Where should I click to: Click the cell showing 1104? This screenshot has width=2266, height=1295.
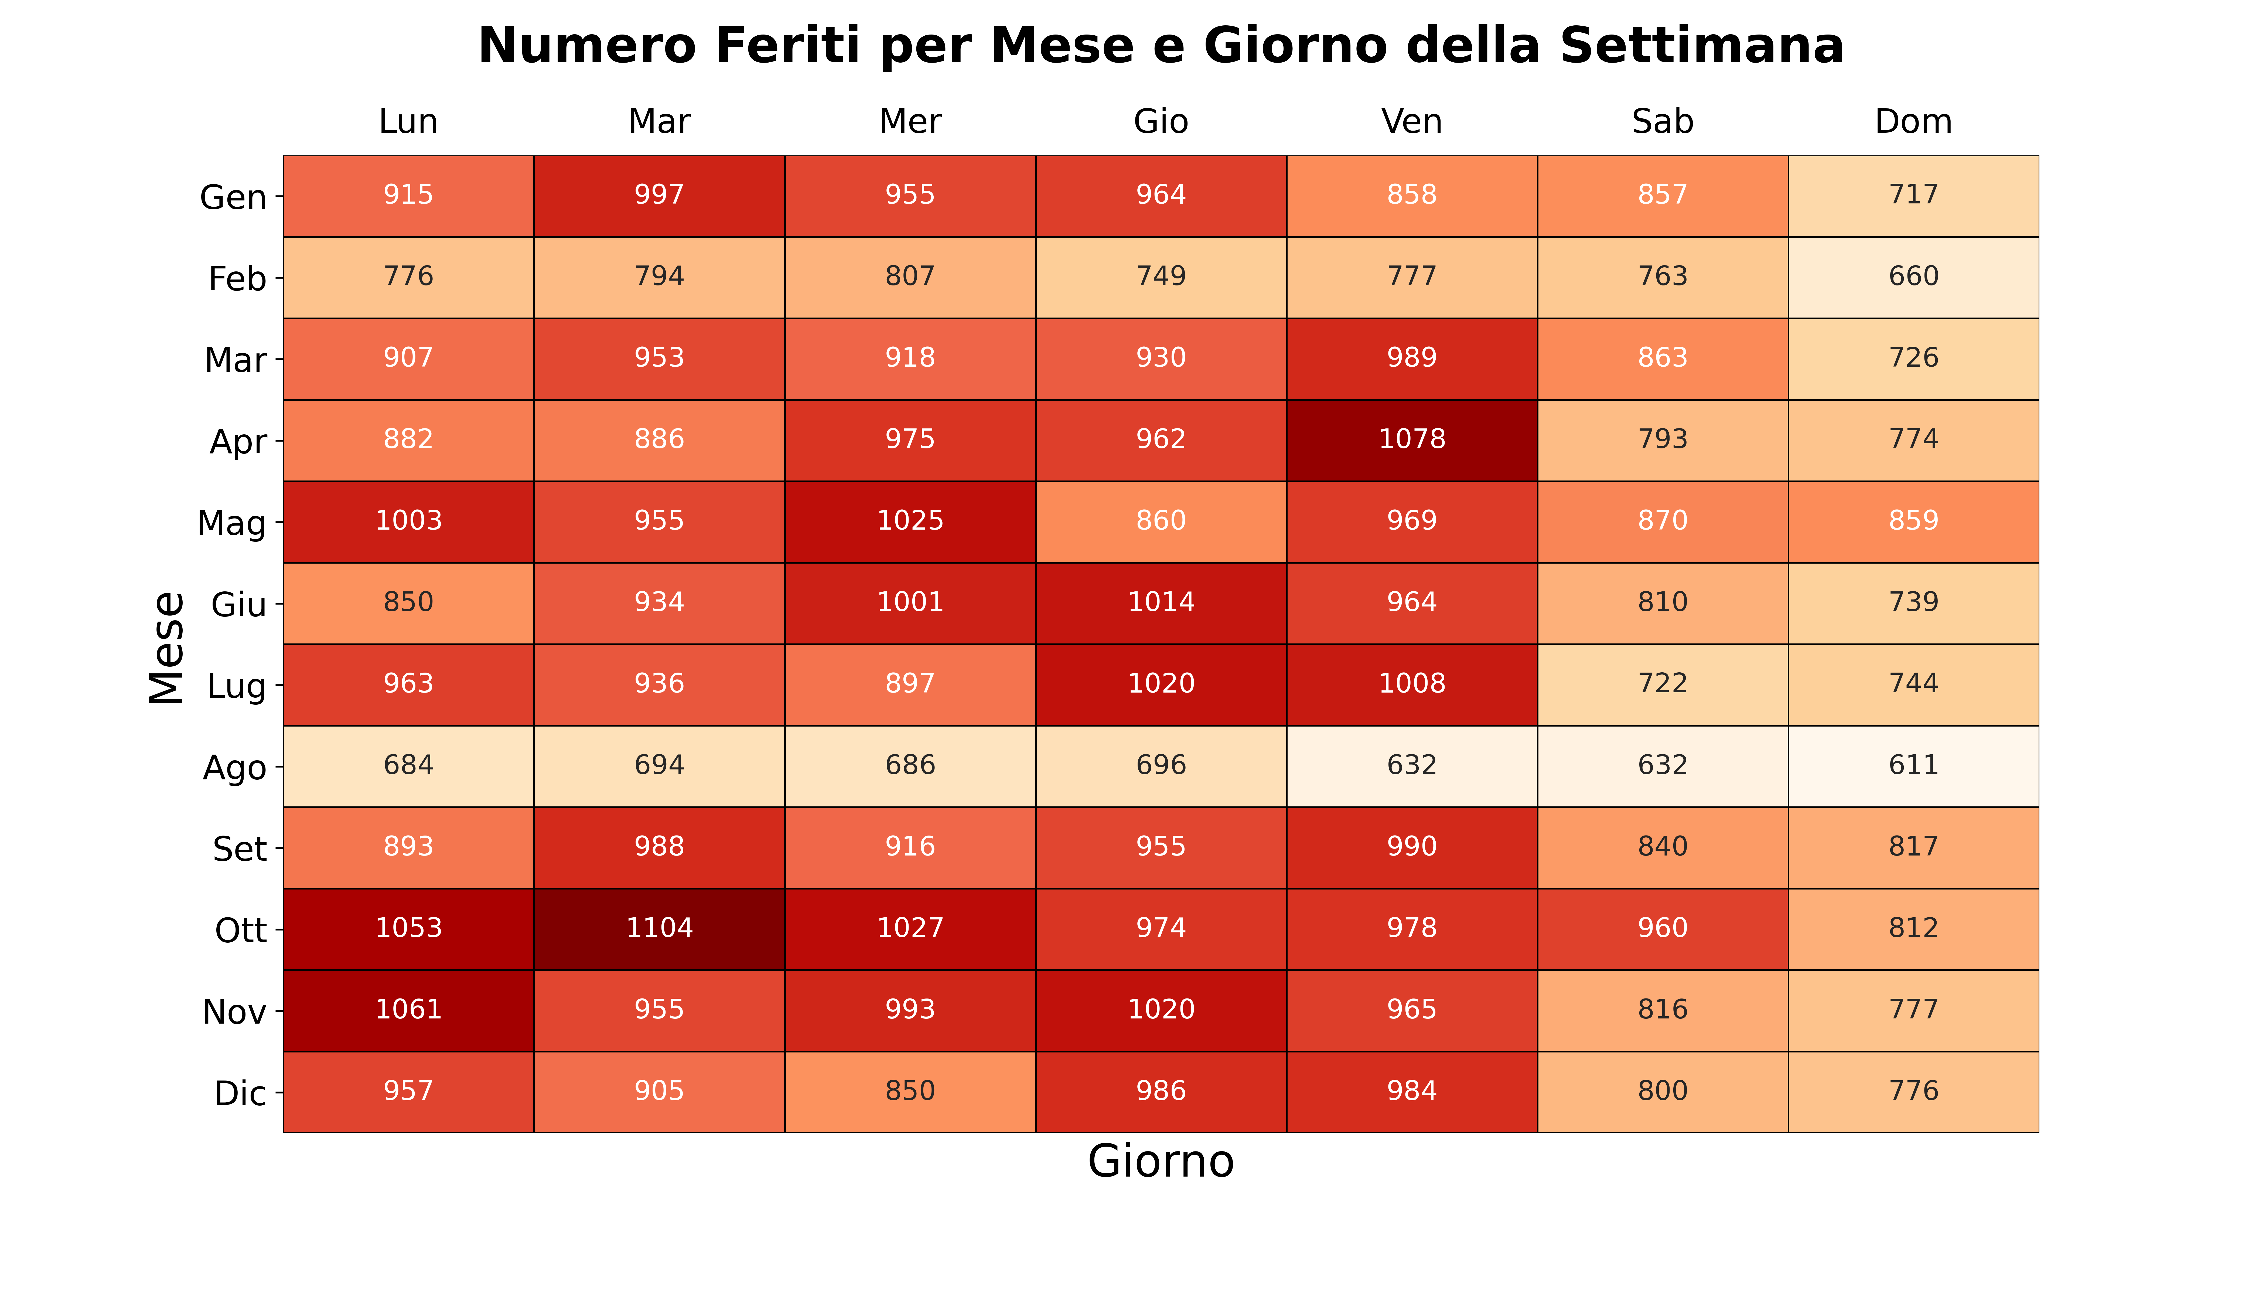pyautogui.click(x=659, y=929)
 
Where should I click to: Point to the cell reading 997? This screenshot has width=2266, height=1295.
pyautogui.click(x=659, y=196)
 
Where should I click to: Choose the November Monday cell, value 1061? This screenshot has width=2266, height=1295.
pyautogui.click(x=408, y=1010)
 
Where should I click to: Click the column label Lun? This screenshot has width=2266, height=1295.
pyautogui.click(x=408, y=122)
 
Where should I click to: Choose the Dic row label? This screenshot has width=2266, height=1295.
pyautogui.click(x=240, y=1093)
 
